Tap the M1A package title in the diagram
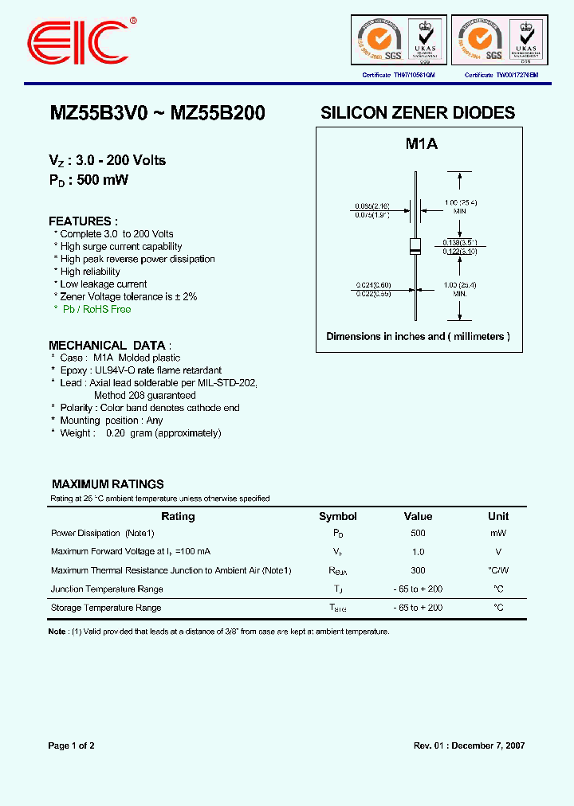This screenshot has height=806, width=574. point(421,144)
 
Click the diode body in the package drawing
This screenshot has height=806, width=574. point(415,246)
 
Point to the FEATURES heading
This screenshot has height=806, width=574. point(83,221)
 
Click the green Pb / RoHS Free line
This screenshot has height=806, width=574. point(96,309)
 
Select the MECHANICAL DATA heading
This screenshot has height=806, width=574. point(107,345)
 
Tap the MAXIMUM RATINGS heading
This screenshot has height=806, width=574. point(108,483)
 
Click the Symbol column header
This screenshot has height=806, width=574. point(338,516)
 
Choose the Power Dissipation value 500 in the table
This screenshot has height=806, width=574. point(419,533)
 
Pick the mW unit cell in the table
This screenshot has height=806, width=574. point(498,533)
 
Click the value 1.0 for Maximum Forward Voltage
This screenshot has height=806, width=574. point(419,552)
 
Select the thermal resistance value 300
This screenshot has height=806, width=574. point(419,570)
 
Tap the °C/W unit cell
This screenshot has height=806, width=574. point(498,570)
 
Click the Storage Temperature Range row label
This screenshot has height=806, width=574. point(106,608)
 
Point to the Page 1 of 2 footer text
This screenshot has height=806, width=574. point(72,746)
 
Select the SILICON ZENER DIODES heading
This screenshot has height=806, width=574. point(418,113)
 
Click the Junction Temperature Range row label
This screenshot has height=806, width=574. point(107,589)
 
